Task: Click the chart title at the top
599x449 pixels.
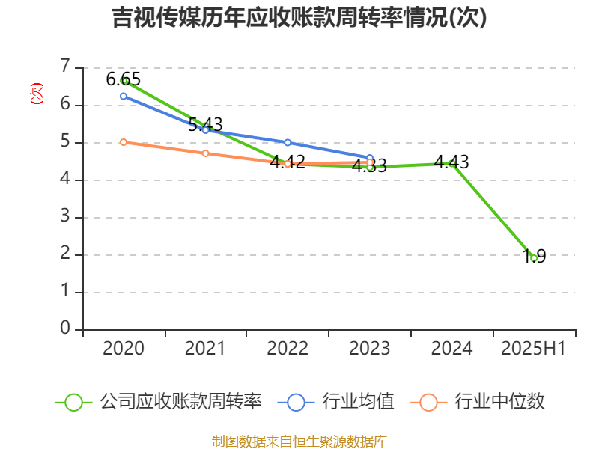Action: pyautogui.click(x=299, y=18)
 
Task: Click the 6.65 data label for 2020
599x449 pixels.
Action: pyautogui.click(x=124, y=79)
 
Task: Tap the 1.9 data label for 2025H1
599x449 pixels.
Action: pyautogui.click(x=534, y=256)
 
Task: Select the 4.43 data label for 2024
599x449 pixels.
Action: pyautogui.click(x=451, y=162)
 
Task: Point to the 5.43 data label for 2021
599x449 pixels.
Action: pyautogui.click(x=205, y=124)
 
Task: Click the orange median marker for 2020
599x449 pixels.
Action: pyautogui.click(x=124, y=142)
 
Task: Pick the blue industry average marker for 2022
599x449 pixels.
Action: pyautogui.click(x=288, y=142)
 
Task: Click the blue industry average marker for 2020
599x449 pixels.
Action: pyautogui.click(x=124, y=96)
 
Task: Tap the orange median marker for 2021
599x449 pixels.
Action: pyautogui.click(x=205, y=153)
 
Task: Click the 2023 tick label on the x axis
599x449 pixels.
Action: pyautogui.click(x=370, y=349)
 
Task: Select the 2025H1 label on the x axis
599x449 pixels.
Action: pyautogui.click(x=534, y=349)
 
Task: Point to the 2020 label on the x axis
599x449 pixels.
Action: pyautogui.click(x=124, y=349)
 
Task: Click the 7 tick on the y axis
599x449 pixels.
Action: pyautogui.click(x=66, y=67)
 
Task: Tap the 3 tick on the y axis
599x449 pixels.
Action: pyautogui.click(x=66, y=217)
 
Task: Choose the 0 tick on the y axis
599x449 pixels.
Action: pyautogui.click(x=66, y=329)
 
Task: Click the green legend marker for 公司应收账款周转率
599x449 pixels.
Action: pyautogui.click(x=73, y=402)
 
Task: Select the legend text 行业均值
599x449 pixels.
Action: pyautogui.click(x=358, y=402)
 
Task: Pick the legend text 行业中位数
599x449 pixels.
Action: pyautogui.click(x=500, y=402)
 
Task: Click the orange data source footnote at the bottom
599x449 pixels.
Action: pyautogui.click(x=299, y=441)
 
